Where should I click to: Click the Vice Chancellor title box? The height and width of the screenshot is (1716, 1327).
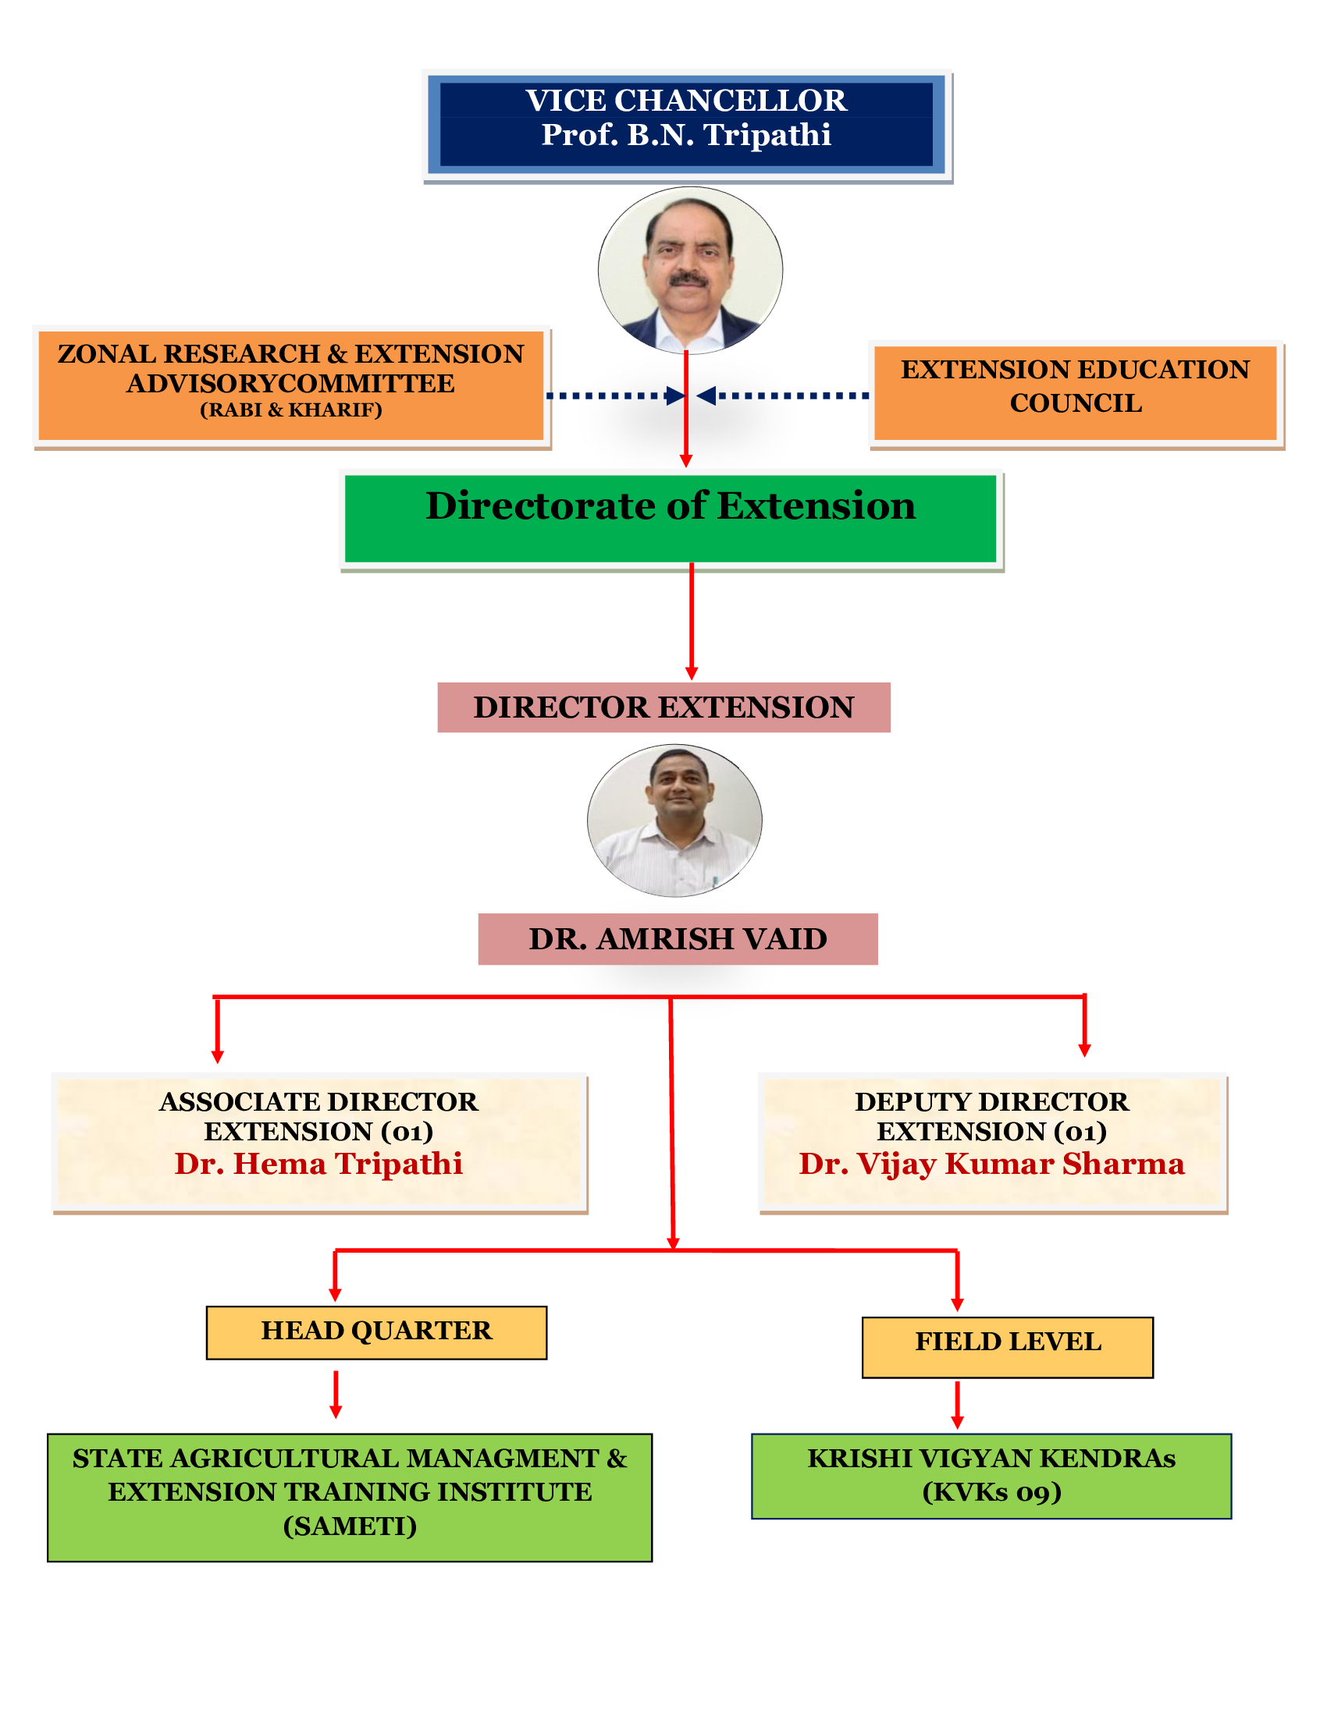(685, 124)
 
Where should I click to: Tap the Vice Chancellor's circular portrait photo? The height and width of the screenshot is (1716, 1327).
(689, 270)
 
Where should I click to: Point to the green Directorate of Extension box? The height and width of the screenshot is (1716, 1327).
(671, 518)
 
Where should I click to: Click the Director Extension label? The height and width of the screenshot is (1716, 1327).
(663, 707)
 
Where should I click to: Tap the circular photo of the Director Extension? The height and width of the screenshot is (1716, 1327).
(674, 821)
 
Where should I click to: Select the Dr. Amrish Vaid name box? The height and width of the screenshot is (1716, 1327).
(678, 939)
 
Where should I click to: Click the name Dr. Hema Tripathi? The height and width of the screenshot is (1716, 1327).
(318, 1165)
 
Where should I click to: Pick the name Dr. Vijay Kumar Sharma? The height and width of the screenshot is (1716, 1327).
(991, 1165)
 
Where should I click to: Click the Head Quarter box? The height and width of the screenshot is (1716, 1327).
(375, 1331)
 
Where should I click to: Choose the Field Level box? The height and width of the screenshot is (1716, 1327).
(1007, 1342)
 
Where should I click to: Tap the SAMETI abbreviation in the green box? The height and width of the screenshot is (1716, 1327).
(350, 1526)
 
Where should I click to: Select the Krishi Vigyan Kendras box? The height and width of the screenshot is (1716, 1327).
(991, 1475)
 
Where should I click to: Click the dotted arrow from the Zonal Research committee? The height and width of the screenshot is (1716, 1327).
(614, 395)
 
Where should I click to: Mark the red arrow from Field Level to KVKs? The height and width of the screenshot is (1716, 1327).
(957, 1404)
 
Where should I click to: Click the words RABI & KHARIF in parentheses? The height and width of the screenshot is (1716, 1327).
(291, 410)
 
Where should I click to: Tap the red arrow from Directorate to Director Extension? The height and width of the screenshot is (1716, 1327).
(692, 621)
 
